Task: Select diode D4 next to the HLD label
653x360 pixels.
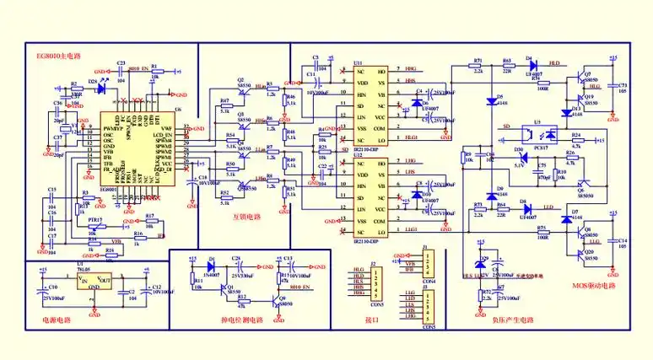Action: pos(532,64)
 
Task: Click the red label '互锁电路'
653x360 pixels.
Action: pos(246,216)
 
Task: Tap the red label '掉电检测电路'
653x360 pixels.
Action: pos(241,321)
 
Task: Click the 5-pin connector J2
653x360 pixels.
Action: pos(377,287)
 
